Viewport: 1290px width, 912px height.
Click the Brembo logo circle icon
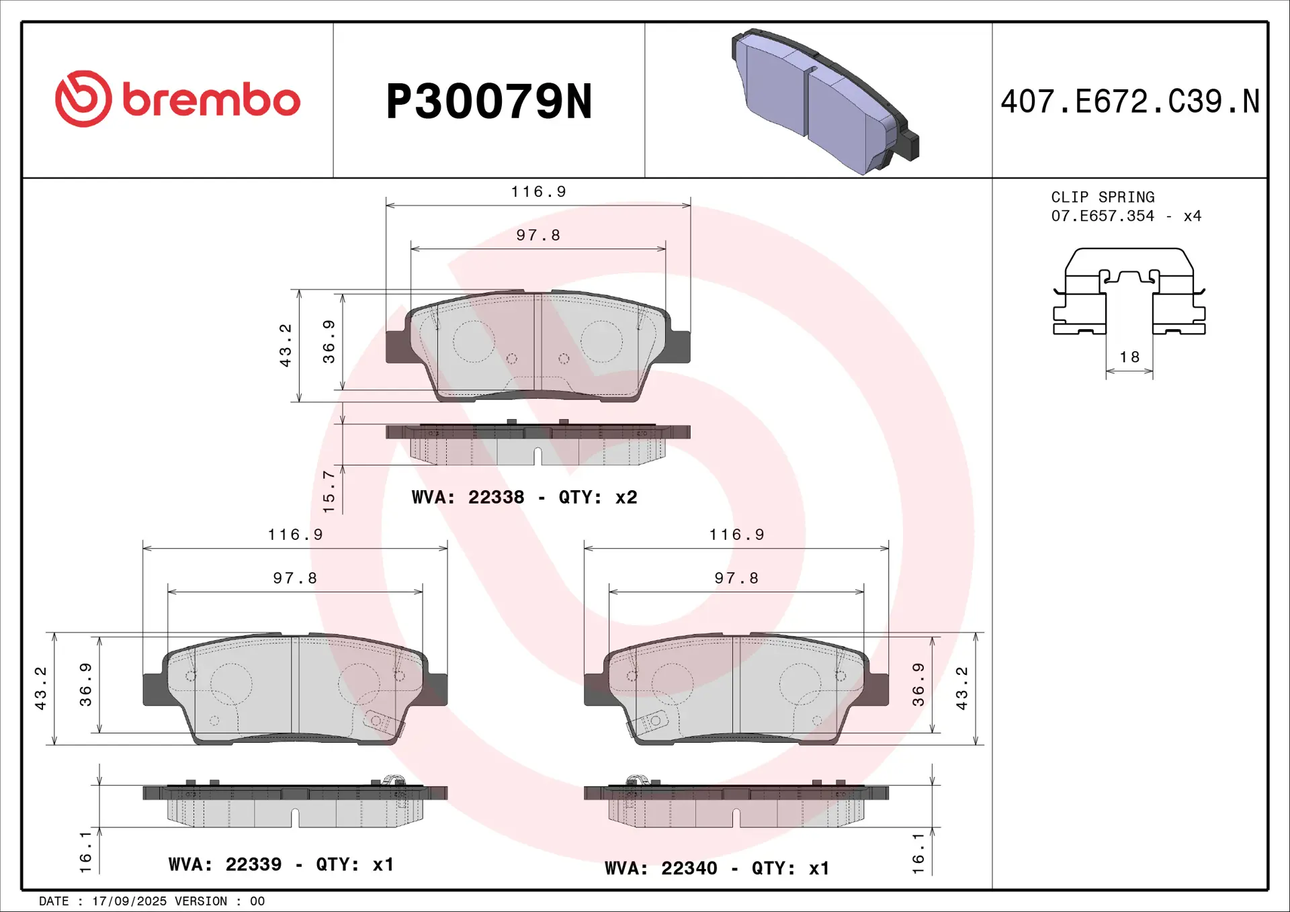coord(83,99)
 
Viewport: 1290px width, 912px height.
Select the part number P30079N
coord(488,102)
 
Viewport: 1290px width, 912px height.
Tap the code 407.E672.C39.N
coord(1129,102)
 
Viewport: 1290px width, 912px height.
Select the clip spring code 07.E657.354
coord(1103,216)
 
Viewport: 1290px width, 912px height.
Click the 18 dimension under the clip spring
coord(1129,357)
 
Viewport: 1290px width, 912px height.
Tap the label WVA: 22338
coord(468,498)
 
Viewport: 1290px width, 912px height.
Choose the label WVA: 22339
coord(224,864)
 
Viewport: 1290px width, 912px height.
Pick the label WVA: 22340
coord(660,868)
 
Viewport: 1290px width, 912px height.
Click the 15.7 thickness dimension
coord(329,492)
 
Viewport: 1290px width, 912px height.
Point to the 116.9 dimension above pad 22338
coord(538,192)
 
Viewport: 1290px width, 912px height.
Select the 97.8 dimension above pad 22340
coord(736,578)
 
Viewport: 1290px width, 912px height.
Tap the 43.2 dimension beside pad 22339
coord(40,688)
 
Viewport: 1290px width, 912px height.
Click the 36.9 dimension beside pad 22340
coord(918,685)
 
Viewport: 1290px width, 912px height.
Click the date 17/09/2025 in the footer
coord(129,901)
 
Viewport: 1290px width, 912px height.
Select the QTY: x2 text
coord(597,498)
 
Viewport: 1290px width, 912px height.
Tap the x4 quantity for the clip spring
coord(1192,216)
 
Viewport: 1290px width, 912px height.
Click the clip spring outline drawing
coord(1129,292)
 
